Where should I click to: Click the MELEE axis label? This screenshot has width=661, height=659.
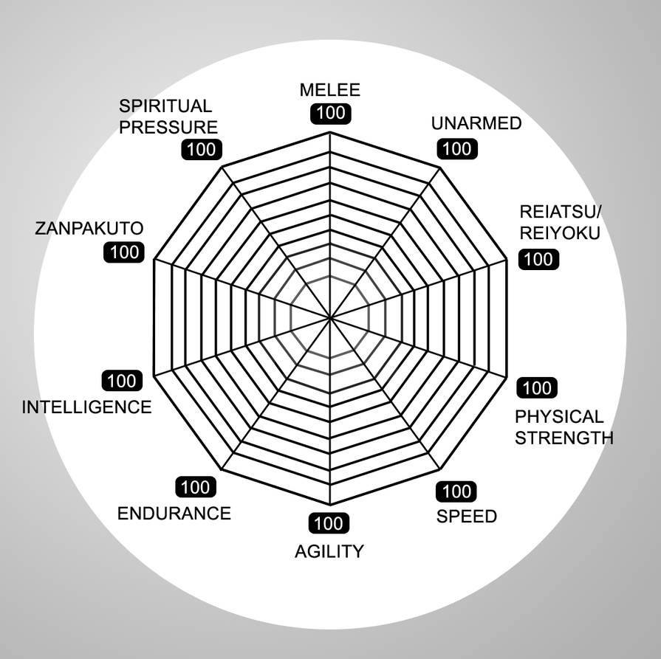(330, 90)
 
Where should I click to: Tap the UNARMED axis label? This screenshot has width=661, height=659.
(476, 123)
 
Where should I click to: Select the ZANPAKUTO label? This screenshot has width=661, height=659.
(89, 228)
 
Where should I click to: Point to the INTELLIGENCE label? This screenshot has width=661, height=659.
(87, 407)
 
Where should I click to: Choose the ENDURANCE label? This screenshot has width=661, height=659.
(174, 514)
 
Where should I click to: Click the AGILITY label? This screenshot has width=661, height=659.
(329, 551)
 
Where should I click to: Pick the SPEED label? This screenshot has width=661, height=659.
(467, 517)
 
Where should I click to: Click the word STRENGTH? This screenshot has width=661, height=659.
(564, 438)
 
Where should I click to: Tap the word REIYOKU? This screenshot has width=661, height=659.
(560, 233)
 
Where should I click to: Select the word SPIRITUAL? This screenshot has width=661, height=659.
(165, 106)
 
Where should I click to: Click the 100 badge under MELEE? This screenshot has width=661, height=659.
(331, 114)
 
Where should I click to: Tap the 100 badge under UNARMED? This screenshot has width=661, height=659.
(457, 149)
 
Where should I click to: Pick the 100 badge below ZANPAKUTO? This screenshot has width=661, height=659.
(124, 252)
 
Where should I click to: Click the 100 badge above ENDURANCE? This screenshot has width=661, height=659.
(196, 488)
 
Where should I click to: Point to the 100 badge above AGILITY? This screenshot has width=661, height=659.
(329, 523)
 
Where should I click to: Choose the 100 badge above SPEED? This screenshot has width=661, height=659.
(456, 491)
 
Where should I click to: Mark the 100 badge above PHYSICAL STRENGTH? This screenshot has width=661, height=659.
(537, 387)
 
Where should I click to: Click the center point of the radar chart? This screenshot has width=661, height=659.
(330, 317)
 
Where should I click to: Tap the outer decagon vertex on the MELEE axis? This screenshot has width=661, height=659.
(330, 132)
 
